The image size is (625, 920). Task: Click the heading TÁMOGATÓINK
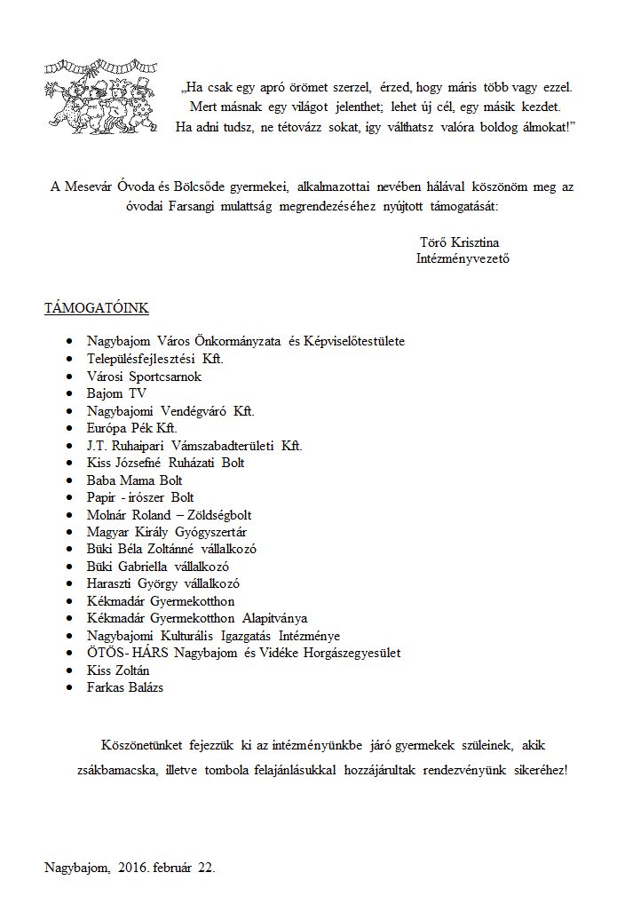click(97, 308)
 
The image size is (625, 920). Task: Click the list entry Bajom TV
click(116, 393)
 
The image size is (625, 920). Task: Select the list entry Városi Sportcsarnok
click(144, 377)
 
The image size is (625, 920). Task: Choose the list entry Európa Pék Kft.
click(131, 428)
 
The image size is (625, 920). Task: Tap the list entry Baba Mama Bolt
click(134, 480)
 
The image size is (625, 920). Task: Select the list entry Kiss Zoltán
click(118, 670)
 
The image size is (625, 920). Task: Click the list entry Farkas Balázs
click(125, 686)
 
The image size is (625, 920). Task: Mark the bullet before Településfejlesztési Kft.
click(70, 360)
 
